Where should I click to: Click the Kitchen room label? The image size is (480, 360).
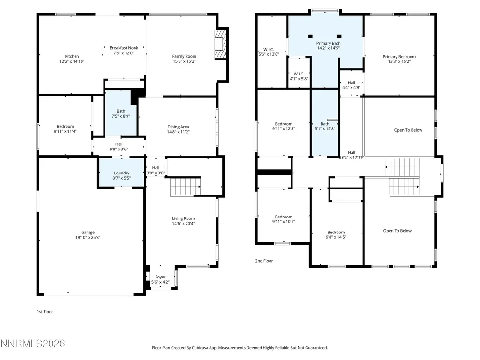coord(72,56)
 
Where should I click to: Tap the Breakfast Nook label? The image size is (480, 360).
coord(124,48)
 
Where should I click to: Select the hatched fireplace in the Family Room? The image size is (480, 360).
coord(220,44)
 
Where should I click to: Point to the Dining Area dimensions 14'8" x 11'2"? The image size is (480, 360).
coord(178,132)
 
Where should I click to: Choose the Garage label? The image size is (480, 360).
coord(88,232)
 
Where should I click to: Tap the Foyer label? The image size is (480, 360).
coord(160,277)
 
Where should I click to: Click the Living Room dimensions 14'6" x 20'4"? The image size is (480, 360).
coord(183,224)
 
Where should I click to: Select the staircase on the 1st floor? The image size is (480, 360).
coord(185,187)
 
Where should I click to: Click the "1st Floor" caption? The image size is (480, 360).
coord(45,312)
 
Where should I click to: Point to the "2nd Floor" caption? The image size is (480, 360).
coord(264,261)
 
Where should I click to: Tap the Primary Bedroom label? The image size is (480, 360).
coord(399,57)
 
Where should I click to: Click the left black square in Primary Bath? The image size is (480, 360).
coord(310,37)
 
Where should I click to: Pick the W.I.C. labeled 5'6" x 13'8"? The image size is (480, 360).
coord(269,52)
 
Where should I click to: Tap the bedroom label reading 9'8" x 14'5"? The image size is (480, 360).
coord(336,235)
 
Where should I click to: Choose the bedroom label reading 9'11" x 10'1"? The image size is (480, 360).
coord(284,219)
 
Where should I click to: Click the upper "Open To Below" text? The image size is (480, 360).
coord(408,130)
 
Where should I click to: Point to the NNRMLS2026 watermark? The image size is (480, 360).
coord(32,344)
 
